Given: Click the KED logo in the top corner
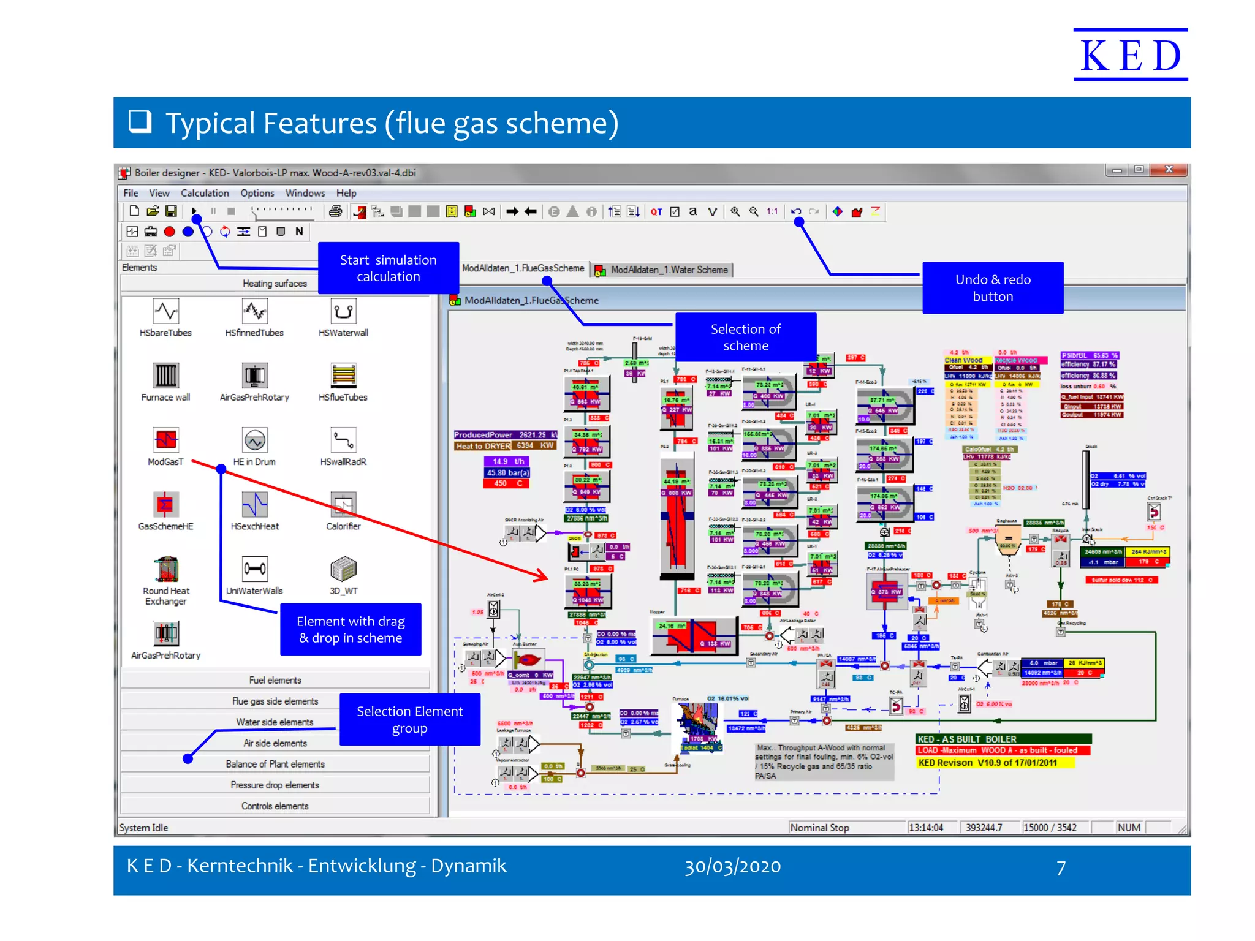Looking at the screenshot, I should (x=1130, y=55).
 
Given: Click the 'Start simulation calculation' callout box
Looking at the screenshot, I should (x=388, y=268).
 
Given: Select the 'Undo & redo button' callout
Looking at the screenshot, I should (x=992, y=288).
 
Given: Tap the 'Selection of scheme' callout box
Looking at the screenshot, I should (x=745, y=338).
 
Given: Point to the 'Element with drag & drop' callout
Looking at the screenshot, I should (x=351, y=630).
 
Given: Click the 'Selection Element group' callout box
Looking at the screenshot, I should (x=409, y=720).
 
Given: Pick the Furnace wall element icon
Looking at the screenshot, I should (x=165, y=376).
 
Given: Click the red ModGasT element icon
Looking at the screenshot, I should (x=165, y=440).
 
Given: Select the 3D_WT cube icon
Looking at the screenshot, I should (x=343, y=569).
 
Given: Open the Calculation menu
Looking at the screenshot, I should (x=205, y=193).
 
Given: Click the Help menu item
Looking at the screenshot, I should (x=346, y=193).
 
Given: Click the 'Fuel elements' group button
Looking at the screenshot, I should (x=275, y=680).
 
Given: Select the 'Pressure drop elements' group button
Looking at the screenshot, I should (x=275, y=785).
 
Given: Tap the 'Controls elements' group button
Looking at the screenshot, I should (x=275, y=806).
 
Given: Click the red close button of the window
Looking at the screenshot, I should (x=1169, y=170).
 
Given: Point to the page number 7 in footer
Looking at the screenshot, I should (x=1061, y=867).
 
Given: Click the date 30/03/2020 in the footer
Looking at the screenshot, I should (x=732, y=866).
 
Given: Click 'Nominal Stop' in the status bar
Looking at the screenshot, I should (x=819, y=828).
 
